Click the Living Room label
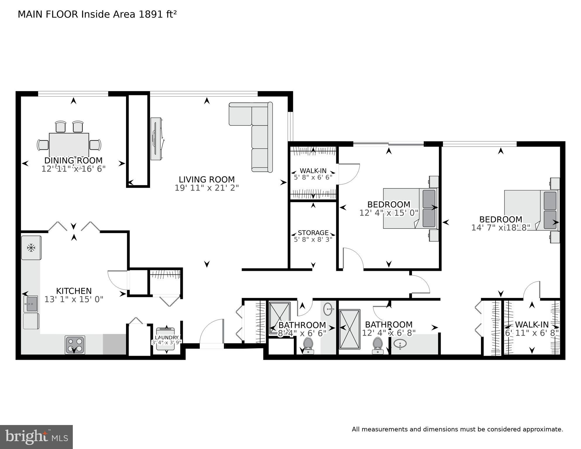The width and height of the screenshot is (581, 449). point(207,179)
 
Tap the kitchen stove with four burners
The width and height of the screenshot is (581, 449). point(75,345)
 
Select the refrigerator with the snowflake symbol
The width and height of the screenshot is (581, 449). point(31,248)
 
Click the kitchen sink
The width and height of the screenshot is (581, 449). point(31,304)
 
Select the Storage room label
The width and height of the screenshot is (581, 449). point(313,233)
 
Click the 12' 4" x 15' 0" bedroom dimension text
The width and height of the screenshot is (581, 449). point(389,213)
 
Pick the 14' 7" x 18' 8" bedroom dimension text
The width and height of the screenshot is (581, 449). point(501,228)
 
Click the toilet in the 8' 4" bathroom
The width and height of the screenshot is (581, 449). point(308,345)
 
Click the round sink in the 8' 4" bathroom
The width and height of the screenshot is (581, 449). point(329,309)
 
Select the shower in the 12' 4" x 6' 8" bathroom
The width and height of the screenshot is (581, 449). point(349,329)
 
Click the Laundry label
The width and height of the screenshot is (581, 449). point(167,338)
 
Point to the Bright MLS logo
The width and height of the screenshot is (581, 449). point(36,437)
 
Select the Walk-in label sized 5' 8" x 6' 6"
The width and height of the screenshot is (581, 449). point(313,171)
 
